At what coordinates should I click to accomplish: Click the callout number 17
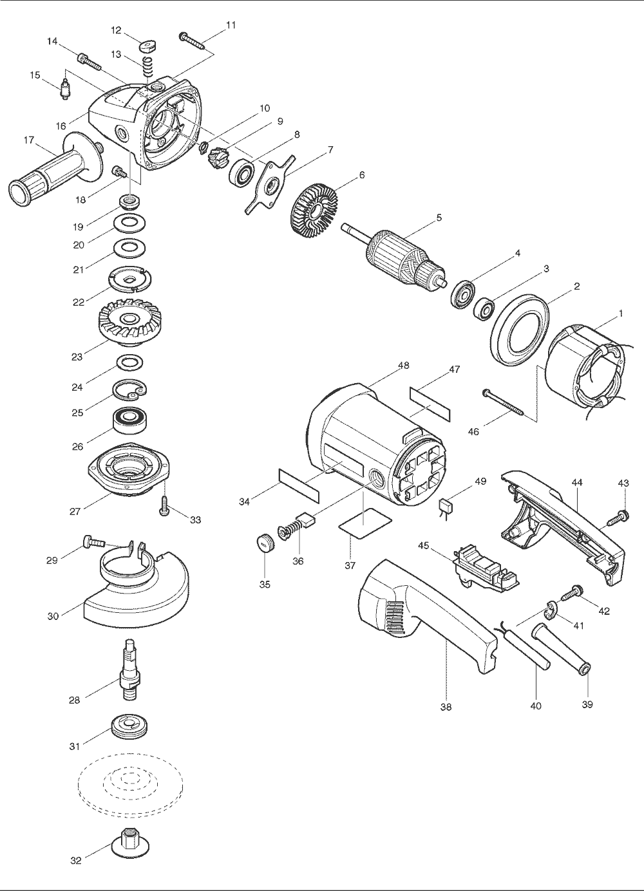(28, 140)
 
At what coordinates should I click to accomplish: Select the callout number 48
(404, 365)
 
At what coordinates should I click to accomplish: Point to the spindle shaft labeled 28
(129, 672)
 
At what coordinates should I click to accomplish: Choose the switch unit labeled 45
(486, 569)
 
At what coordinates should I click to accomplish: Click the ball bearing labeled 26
(129, 421)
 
